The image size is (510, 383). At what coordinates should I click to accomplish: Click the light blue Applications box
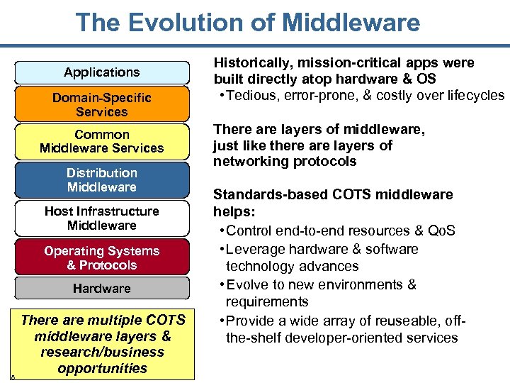pos(102,72)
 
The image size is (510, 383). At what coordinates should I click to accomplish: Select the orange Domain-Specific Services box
pos(102,104)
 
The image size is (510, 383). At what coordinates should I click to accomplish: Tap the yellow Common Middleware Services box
pos(102,141)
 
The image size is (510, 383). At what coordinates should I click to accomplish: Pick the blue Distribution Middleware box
pos(102,179)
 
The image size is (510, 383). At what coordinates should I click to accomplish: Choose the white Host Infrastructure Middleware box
pos(102,218)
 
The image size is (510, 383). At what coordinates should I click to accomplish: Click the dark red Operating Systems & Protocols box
pos(102,257)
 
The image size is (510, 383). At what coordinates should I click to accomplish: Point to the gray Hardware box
pos(102,289)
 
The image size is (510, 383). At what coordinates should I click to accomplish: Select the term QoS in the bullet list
pos(443,231)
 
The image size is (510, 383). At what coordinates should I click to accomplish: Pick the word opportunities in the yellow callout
pos(103,368)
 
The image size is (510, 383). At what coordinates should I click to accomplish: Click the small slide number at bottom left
pos(13,377)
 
